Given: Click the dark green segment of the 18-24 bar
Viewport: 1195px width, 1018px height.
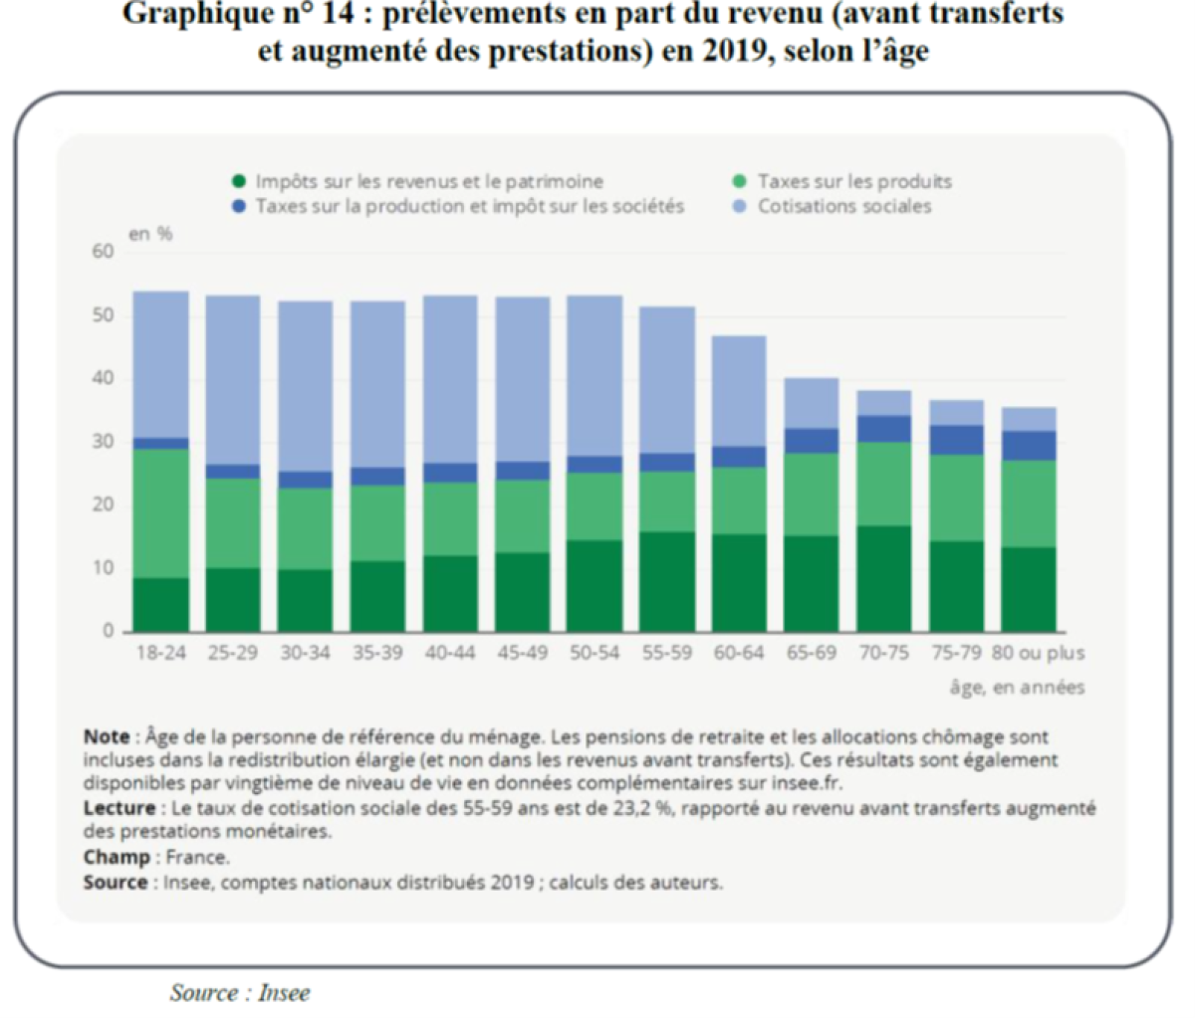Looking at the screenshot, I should point(160,604).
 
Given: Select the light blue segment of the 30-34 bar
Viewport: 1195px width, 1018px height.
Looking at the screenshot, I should point(305,386).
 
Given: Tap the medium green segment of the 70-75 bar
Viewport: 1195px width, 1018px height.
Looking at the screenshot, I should point(884,484).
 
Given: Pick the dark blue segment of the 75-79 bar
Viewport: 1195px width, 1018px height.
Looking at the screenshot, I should point(956,440).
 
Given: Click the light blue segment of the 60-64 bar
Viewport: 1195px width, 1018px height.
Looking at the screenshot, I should point(739,391).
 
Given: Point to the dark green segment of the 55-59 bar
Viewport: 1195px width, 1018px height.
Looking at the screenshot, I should point(666,581).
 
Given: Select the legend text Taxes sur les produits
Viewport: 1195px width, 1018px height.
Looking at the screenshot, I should point(854,181).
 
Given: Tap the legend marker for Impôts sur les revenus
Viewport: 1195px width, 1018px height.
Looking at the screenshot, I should point(238,181).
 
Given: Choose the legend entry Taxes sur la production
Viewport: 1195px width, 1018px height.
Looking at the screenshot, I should point(469,206).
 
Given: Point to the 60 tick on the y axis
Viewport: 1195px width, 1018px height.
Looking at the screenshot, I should point(104,252).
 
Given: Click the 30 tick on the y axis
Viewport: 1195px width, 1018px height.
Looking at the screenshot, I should point(104,442).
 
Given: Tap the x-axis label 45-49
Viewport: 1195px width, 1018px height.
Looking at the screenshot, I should point(522,654).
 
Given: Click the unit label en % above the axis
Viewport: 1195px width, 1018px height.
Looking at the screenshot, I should point(150,234).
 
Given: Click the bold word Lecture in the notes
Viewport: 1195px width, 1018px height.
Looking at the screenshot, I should point(119,808).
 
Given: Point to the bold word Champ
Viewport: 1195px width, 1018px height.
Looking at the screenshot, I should point(117,857).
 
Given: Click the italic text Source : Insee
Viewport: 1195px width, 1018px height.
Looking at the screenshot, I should point(239,992).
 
